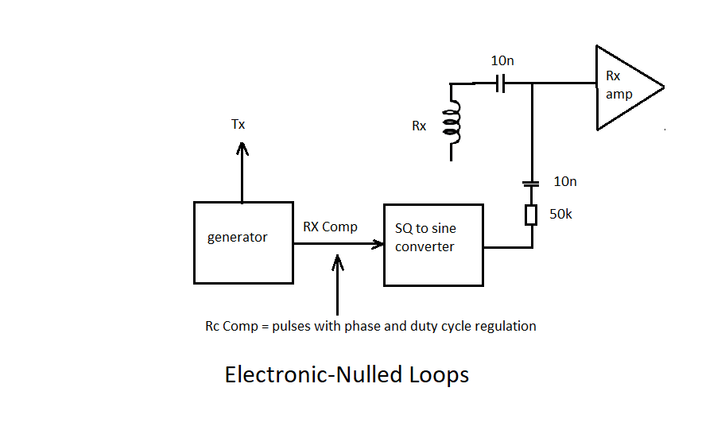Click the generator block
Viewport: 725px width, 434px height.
[x=243, y=242]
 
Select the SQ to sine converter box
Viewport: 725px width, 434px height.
[x=433, y=245]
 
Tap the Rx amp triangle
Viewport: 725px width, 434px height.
[x=625, y=87]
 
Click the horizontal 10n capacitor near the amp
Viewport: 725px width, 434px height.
[x=500, y=83]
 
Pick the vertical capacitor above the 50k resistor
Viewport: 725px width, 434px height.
[x=531, y=184]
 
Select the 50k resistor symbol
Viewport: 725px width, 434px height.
[x=532, y=215]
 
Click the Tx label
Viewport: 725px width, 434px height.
[x=238, y=125]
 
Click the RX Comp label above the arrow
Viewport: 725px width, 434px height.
[x=330, y=227]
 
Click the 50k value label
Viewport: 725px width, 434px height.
[x=561, y=215]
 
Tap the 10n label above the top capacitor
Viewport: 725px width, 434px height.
[x=502, y=60]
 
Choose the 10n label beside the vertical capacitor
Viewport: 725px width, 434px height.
[x=564, y=181]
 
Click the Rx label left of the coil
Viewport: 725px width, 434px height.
[x=419, y=126]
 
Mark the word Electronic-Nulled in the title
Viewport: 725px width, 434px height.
[x=312, y=374]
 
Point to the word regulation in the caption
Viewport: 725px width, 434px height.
[x=506, y=326]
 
